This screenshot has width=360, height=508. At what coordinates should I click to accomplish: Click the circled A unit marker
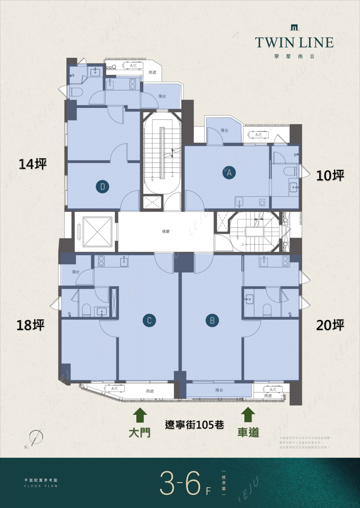pos(229,173)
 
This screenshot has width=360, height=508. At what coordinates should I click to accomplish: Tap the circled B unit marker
pos(212,320)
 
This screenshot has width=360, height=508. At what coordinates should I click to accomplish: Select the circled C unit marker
pos(149,320)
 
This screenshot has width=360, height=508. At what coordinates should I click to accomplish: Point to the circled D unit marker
pos(102,186)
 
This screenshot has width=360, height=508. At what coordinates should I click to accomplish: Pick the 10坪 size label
pos(330,176)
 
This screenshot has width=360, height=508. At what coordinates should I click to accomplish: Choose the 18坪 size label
pos(30,325)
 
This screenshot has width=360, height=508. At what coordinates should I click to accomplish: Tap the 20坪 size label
pos(330,325)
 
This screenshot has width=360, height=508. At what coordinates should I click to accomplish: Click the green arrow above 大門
pos(140,415)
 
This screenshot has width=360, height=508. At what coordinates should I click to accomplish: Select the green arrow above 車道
pos(248,415)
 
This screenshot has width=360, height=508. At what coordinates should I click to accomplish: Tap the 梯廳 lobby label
pos(166,232)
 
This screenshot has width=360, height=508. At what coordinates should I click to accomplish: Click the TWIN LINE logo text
pos(294,42)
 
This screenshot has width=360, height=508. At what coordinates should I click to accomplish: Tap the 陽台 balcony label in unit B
pos(219,390)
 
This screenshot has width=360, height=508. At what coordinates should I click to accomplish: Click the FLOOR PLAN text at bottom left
pos(41,486)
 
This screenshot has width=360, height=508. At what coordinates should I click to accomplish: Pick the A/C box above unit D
pos(133,66)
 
